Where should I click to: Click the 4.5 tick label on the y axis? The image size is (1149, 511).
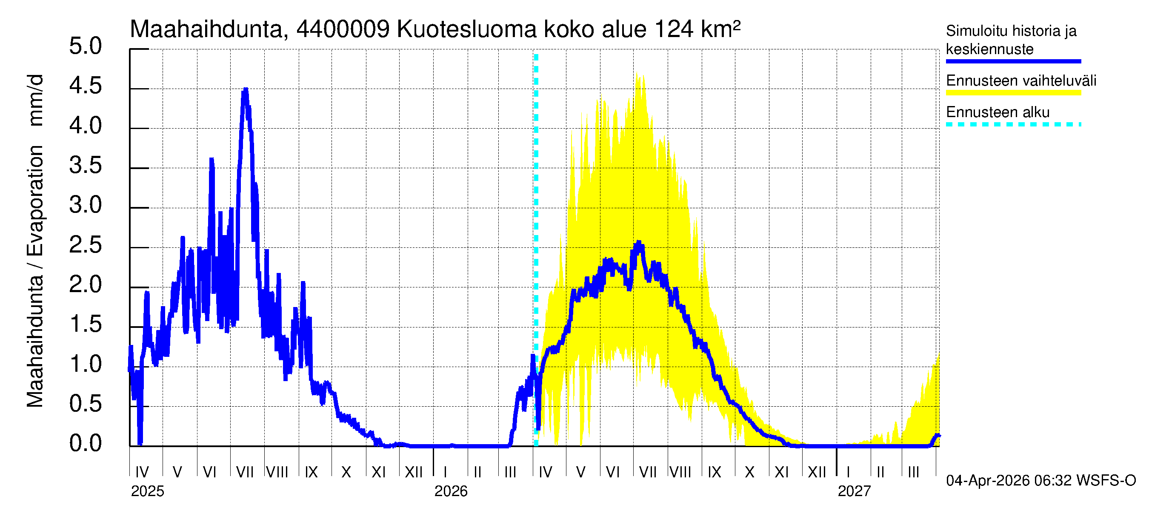click(85, 86)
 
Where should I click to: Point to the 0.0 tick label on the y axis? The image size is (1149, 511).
click(85, 443)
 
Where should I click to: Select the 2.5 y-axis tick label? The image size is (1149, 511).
click(85, 245)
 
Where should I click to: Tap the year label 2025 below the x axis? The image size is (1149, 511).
click(147, 491)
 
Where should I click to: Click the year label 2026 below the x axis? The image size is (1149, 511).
click(451, 491)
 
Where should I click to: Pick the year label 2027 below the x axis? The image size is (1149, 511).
click(854, 491)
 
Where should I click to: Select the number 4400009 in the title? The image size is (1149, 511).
click(343, 29)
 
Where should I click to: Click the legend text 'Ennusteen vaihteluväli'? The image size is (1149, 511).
click(1021, 81)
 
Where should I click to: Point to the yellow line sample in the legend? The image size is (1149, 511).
click(1013, 93)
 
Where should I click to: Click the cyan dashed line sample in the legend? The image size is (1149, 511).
click(1013, 124)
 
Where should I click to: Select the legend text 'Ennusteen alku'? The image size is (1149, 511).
click(998, 112)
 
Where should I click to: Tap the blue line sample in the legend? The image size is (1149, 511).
click(1013, 61)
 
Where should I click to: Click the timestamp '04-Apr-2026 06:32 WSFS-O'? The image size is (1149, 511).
click(1040, 481)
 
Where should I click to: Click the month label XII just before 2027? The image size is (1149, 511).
click(817, 472)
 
